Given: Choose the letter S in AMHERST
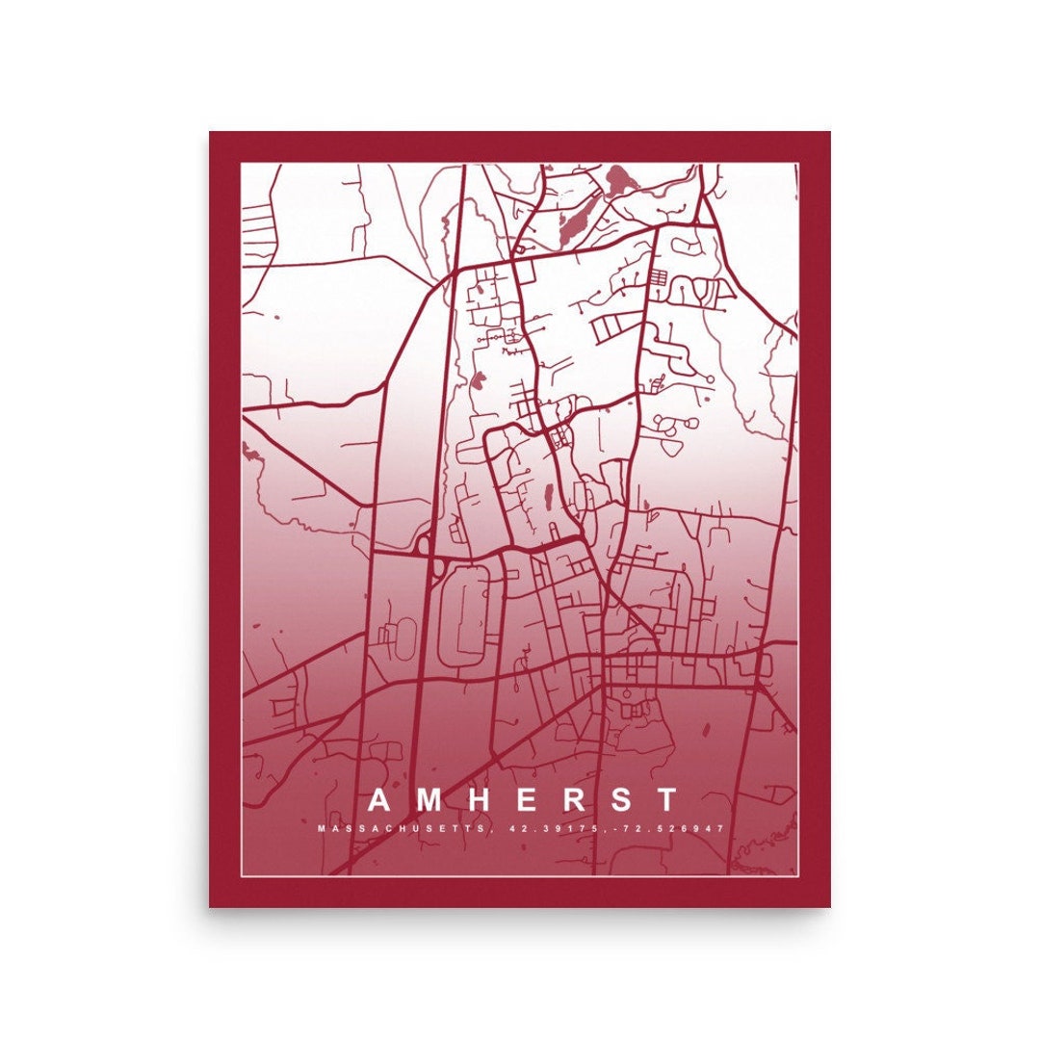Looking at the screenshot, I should pos(618,800).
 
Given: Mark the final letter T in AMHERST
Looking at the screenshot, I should pos(664,800).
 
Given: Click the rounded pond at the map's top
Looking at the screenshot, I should pos(617,178).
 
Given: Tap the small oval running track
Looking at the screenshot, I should pos(405,635).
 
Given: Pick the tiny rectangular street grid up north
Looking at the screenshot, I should pos(658,277).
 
